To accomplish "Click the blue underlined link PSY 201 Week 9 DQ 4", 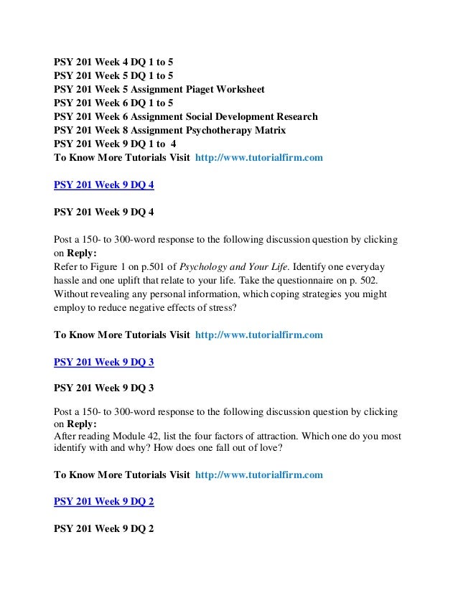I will pos(104,185).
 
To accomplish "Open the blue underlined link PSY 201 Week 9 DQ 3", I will pos(104,362).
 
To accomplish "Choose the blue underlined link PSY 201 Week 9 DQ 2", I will pos(104,501).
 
